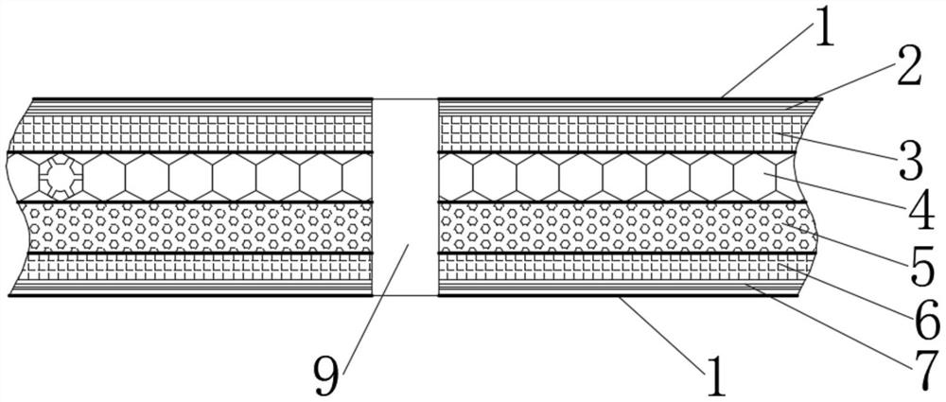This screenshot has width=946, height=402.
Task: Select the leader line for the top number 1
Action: coord(766,66)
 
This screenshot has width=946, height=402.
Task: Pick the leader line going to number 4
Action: coord(832,189)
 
